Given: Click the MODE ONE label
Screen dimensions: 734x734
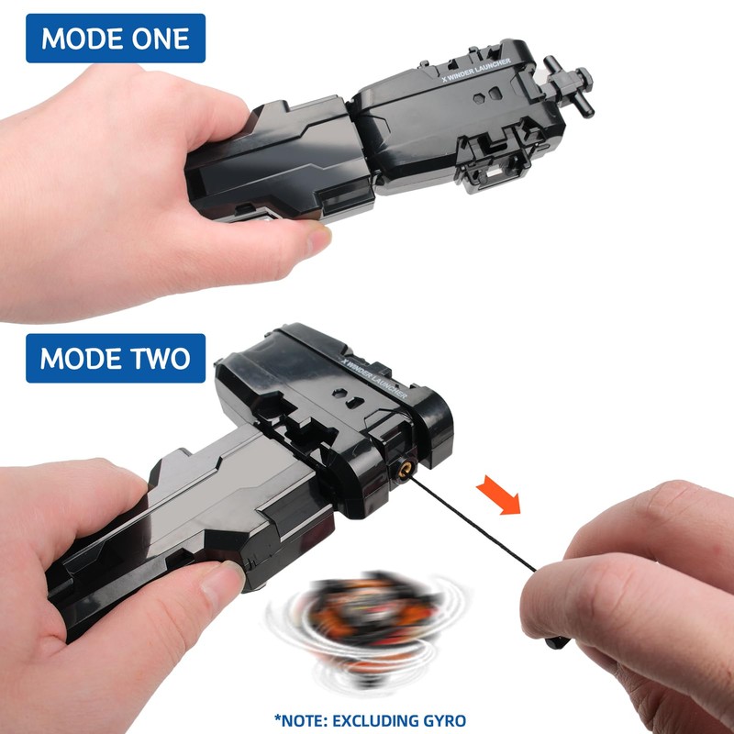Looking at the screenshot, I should tap(115, 39).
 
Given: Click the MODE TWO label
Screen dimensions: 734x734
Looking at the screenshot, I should tap(115, 358).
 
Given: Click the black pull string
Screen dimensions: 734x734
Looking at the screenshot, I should tap(495, 532).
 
